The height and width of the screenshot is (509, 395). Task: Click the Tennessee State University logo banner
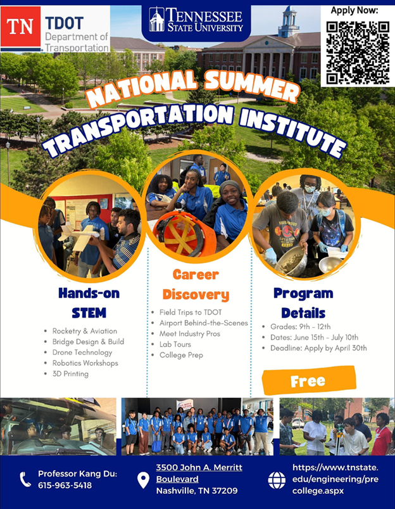pyautogui.click(x=196, y=20)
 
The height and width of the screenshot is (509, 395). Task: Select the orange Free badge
pyautogui.click(x=308, y=380)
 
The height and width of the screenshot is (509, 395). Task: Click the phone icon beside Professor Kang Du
pyautogui.click(x=25, y=479)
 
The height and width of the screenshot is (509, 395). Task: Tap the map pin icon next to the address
pyautogui.click(x=143, y=479)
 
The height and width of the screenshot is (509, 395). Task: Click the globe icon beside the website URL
pyautogui.click(x=277, y=480)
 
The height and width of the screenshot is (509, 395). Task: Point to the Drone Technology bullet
pyautogui.click(x=83, y=352)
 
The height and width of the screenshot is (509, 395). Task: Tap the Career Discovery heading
pyautogui.click(x=196, y=285)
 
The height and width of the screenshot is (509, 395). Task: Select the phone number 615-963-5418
pyautogui.click(x=65, y=486)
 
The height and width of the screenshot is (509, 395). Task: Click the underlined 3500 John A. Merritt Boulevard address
pyautogui.click(x=199, y=473)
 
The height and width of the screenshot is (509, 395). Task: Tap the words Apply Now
pyautogui.click(x=354, y=11)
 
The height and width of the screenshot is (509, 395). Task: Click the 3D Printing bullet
pyautogui.click(x=71, y=374)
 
